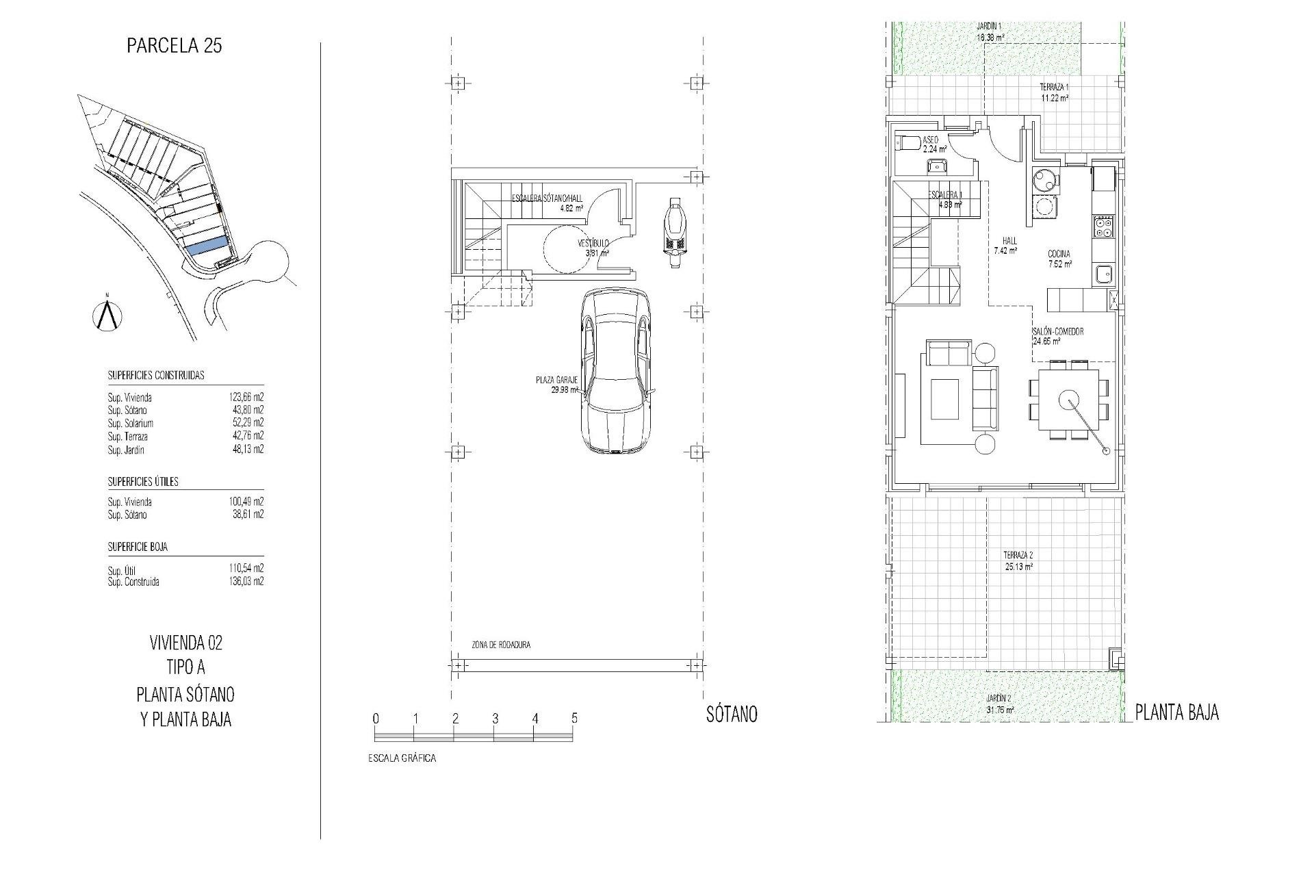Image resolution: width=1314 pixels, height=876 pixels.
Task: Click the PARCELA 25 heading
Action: click(175, 46)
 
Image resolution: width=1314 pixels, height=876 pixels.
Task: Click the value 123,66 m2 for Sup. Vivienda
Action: click(246, 397)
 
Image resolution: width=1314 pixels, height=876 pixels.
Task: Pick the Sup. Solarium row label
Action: click(131, 424)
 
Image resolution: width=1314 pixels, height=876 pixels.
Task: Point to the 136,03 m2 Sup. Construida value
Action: click(246, 582)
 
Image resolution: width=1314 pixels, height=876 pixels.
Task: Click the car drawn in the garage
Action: click(616, 370)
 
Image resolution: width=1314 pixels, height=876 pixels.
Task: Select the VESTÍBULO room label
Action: click(593, 243)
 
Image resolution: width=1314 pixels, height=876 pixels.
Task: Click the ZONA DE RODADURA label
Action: click(501, 645)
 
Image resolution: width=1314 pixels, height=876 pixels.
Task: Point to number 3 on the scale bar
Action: click(495, 719)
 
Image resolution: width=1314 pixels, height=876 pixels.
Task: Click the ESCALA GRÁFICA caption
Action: click(402, 758)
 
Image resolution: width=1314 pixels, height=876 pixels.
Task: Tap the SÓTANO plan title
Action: click(731, 714)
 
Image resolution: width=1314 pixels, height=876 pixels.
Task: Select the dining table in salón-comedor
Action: click(1068, 398)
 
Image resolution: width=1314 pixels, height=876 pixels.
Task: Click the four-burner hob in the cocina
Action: click(1103, 227)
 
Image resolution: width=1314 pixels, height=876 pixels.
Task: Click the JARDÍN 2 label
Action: click(999, 697)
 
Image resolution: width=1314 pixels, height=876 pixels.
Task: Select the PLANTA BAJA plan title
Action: click(1176, 712)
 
